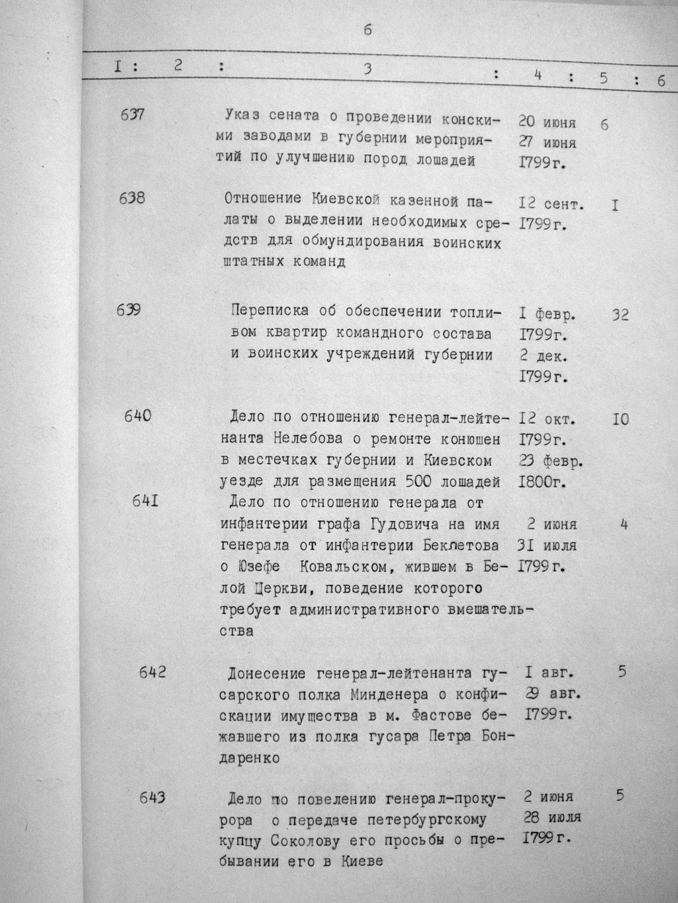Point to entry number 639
128,309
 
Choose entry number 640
137,416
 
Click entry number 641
145,501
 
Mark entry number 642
153,673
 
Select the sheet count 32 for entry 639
620,315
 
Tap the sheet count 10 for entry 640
620,419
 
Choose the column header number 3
367,68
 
